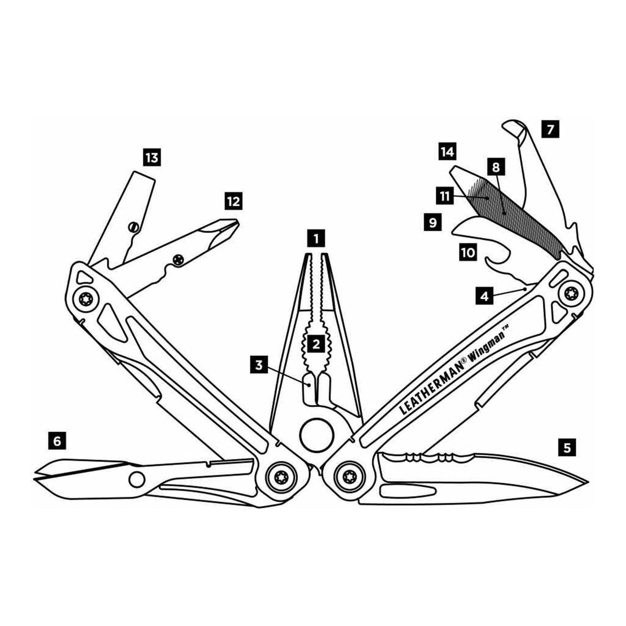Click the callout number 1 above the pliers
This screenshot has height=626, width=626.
click(x=316, y=239)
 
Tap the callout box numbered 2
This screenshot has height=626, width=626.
click(x=316, y=343)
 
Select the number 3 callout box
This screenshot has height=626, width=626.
click(x=259, y=365)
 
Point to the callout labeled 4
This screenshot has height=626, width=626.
click(x=485, y=296)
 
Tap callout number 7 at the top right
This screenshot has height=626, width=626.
click(x=551, y=129)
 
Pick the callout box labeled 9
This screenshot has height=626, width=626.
click(x=433, y=221)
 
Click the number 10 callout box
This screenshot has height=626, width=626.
click(x=468, y=252)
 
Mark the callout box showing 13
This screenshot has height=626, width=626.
click(x=152, y=158)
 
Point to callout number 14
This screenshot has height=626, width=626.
click(x=447, y=151)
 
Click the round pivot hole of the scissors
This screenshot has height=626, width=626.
click(x=137, y=479)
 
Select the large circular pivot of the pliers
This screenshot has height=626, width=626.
click(x=316, y=435)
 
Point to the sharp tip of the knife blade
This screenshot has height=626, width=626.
click(x=588, y=482)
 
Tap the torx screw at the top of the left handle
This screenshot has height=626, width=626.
click(x=86, y=300)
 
